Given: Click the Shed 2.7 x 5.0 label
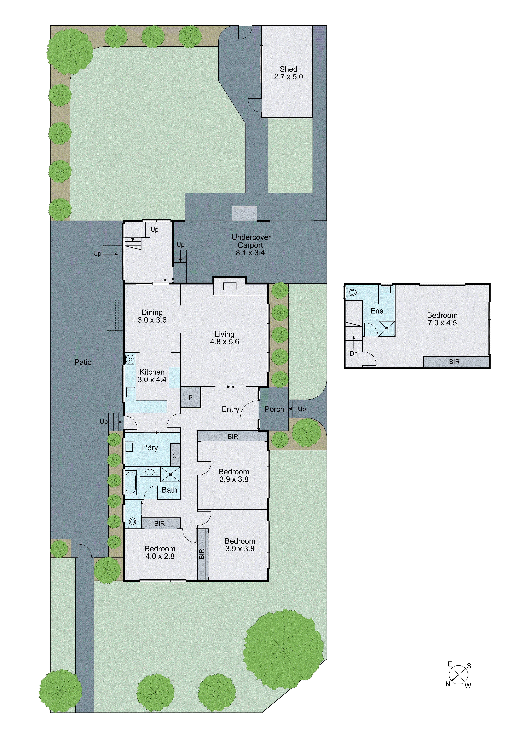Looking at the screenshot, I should pyautogui.click(x=288, y=73).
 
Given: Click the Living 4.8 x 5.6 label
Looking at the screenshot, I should pyautogui.click(x=224, y=338).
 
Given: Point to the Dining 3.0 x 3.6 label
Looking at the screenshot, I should pyautogui.click(x=152, y=316).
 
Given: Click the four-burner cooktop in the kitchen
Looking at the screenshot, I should pyautogui.click(x=130, y=359).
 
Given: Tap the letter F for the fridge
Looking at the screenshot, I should pyautogui.click(x=174, y=360).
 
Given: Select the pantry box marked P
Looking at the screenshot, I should pyautogui.click(x=190, y=398).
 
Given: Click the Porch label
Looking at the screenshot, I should pyautogui.click(x=274, y=409).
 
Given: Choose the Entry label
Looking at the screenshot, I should pyautogui.click(x=230, y=409).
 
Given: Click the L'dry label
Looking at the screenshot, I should pyautogui.click(x=150, y=448).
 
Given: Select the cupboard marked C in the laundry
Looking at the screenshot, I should pyautogui.click(x=175, y=456).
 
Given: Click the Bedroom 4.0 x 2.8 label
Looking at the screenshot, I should pyautogui.click(x=160, y=552).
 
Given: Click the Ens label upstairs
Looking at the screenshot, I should pyautogui.click(x=377, y=311).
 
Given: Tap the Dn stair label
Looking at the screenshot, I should pyautogui.click(x=353, y=354).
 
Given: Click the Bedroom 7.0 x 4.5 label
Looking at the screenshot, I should pyautogui.click(x=442, y=319).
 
